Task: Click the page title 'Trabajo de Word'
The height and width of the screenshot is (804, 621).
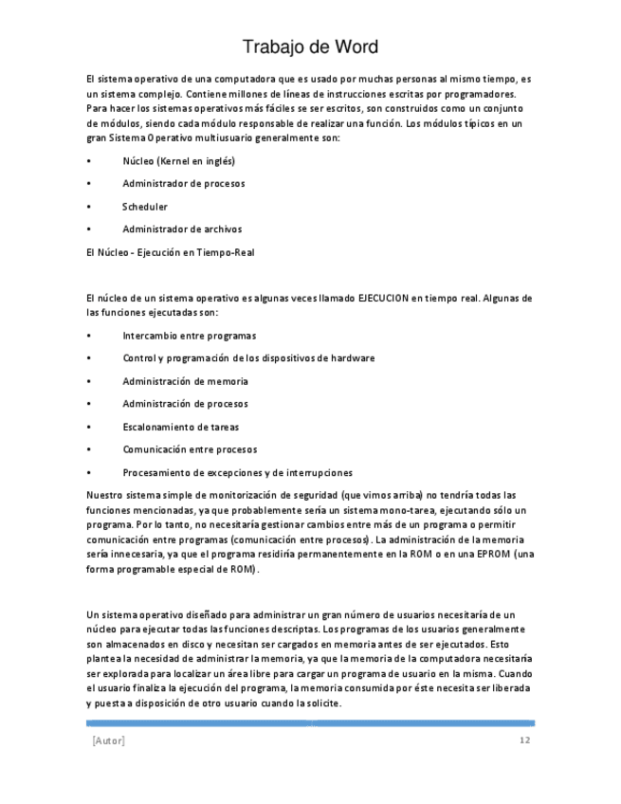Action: [310, 46]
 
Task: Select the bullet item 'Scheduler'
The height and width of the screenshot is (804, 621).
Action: [145, 207]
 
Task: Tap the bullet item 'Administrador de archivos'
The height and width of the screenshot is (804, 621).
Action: [182, 229]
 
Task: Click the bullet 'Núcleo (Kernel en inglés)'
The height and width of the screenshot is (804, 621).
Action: [178, 161]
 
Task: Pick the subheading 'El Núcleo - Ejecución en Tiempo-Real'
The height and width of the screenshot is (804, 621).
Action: [170, 252]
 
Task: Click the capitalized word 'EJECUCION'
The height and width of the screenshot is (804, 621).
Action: [382, 299]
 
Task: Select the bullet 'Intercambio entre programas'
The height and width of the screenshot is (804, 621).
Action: [189, 336]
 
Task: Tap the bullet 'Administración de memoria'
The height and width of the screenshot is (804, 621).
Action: [185, 381]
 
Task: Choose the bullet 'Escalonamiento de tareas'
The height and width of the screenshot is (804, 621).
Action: [180, 427]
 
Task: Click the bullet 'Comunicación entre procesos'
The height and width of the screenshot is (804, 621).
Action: [190, 449]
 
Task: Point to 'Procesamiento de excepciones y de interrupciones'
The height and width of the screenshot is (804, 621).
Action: [237, 472]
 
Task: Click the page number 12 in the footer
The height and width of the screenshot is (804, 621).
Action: [524, 740]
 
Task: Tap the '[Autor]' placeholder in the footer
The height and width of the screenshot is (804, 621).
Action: [108, 740]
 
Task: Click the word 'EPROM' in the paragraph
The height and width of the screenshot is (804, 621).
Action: [495, 554]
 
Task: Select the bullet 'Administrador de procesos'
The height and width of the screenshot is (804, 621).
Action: [183, 184]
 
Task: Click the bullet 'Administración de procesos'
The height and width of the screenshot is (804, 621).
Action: [185, 404]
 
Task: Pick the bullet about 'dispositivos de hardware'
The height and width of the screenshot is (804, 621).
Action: [248, 358]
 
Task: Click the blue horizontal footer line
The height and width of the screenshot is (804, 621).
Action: [310, 723]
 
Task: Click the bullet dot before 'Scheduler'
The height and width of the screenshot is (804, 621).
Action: [88, 207]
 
